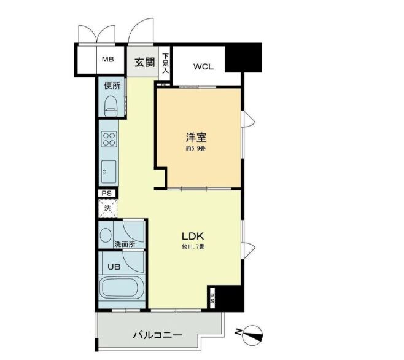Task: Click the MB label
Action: coord(107,60)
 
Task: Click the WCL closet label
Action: coord(203,66)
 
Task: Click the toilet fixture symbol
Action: coord(111,106)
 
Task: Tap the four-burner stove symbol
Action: coord(109,139)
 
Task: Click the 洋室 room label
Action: coord(196,137)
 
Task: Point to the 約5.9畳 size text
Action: coord(196,149)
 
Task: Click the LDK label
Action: coord(192,235)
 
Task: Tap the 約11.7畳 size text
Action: coord(192,247)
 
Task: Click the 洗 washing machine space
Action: coord(107,208)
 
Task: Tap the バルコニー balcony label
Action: coord(157,336)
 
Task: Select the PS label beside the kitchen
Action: coord(107,193)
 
